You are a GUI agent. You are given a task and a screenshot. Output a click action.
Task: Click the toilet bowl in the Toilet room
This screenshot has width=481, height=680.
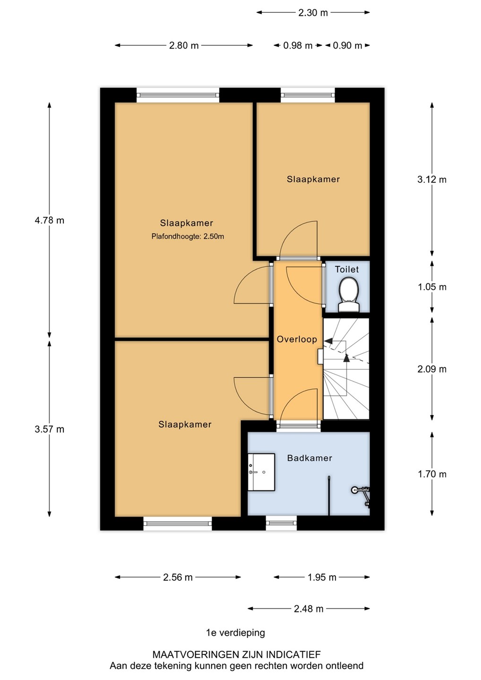click(x=349, y=296)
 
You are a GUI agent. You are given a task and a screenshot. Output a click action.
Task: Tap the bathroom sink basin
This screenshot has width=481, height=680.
click(x=261, y=472)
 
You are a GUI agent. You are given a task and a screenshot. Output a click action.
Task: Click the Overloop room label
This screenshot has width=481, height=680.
click(x=297, y=340)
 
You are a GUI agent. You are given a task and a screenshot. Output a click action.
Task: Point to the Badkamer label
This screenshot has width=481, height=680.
click(x=309, y=458)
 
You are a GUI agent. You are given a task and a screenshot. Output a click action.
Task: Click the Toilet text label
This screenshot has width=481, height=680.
click(x=347, y=269)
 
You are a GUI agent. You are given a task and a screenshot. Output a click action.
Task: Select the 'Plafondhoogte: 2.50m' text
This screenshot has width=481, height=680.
click(x=188, y=237)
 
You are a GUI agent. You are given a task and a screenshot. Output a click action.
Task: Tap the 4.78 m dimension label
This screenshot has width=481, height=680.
click(x=50, y=220)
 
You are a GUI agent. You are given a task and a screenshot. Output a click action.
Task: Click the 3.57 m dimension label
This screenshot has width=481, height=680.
click(x=50, y=429)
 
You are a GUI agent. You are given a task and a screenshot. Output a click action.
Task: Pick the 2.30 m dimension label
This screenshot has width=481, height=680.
click(x=313, y=13)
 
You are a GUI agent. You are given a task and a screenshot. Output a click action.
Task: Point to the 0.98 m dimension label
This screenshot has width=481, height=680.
click(x=298, y=45)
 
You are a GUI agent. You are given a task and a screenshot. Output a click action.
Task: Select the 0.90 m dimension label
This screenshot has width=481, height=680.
click(x=347, y=45)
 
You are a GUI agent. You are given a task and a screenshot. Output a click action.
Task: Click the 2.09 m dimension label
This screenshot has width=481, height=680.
click(x=432, y=369)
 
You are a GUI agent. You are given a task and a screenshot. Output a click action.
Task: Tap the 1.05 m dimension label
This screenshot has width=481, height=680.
click(x=432, y=287)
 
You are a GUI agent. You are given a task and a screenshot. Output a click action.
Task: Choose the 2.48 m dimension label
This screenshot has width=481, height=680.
click(x=309, y=609)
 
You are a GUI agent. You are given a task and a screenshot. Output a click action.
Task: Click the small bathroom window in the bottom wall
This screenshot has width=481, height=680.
click(x=282, y=523)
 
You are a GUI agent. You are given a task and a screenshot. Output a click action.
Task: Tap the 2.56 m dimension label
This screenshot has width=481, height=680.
click(x=178, y=577)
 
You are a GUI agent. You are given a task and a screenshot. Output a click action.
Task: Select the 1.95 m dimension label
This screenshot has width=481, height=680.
click(x=322, y=577)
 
